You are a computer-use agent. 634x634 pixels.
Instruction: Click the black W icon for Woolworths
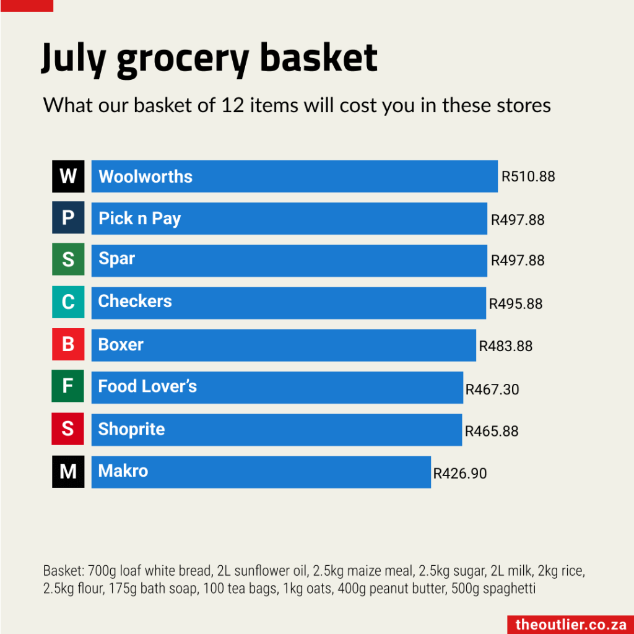point(68,176)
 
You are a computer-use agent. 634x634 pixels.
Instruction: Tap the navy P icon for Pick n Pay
point(68,219)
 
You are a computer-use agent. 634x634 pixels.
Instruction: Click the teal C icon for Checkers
point(68,303)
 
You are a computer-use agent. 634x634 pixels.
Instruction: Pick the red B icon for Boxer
point(68,345)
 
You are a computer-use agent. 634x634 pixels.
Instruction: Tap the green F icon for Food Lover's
point(68,387)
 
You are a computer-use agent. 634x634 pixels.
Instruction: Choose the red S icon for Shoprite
point(68,429)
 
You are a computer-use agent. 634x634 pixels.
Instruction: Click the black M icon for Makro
point(68,472)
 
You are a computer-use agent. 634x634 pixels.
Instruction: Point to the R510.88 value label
point(528,176)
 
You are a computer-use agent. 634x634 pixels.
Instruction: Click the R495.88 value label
point(516,304)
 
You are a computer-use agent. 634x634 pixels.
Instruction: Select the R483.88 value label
point(505,346)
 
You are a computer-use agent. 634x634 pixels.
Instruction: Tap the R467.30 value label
point(492,389)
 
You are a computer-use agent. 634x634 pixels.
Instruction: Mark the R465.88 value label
point(492,431)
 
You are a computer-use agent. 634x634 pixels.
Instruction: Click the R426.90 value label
point(460,474)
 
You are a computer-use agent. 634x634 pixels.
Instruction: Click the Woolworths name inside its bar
point(145,176)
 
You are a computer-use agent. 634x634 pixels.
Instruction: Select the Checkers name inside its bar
point(135,302)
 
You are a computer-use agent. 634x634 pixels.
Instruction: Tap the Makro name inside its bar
point(123,471)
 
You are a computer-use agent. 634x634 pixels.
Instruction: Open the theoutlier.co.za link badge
point(570,625)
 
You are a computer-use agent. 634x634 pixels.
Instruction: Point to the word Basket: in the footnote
point(61,570)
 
